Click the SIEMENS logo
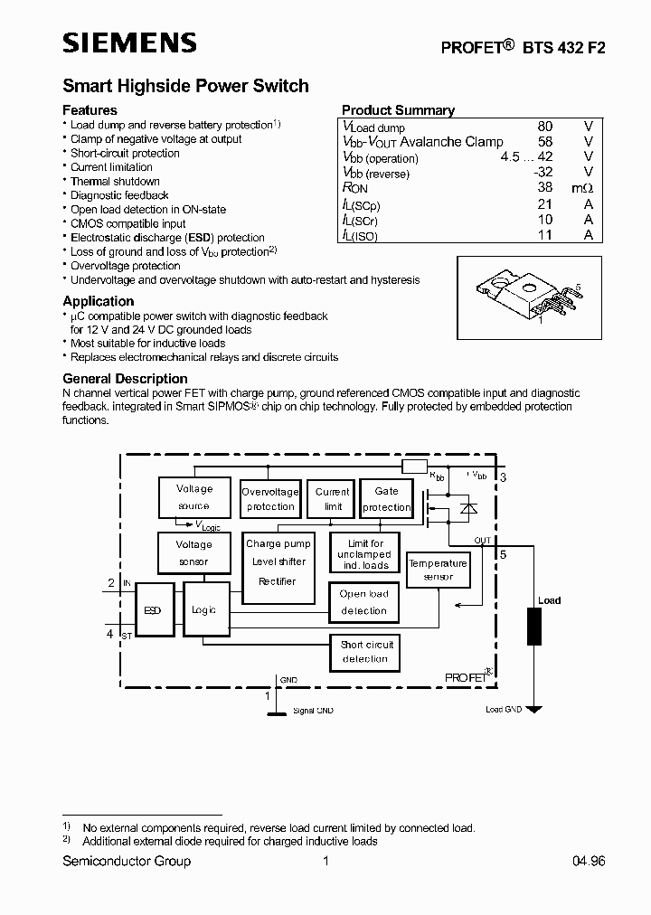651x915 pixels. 128,42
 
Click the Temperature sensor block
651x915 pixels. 438,570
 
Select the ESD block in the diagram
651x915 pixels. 153,610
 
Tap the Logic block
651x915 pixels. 204,610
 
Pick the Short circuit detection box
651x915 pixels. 366,652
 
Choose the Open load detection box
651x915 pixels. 364,602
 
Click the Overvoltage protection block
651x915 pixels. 270,499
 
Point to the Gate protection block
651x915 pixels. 386,499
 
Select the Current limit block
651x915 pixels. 333,499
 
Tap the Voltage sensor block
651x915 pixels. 193,553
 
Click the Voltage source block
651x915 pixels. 193,497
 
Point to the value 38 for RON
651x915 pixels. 544,188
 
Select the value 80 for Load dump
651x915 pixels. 544,127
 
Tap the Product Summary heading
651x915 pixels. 398,110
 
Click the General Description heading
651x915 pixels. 125,379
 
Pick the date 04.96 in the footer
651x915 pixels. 588,862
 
